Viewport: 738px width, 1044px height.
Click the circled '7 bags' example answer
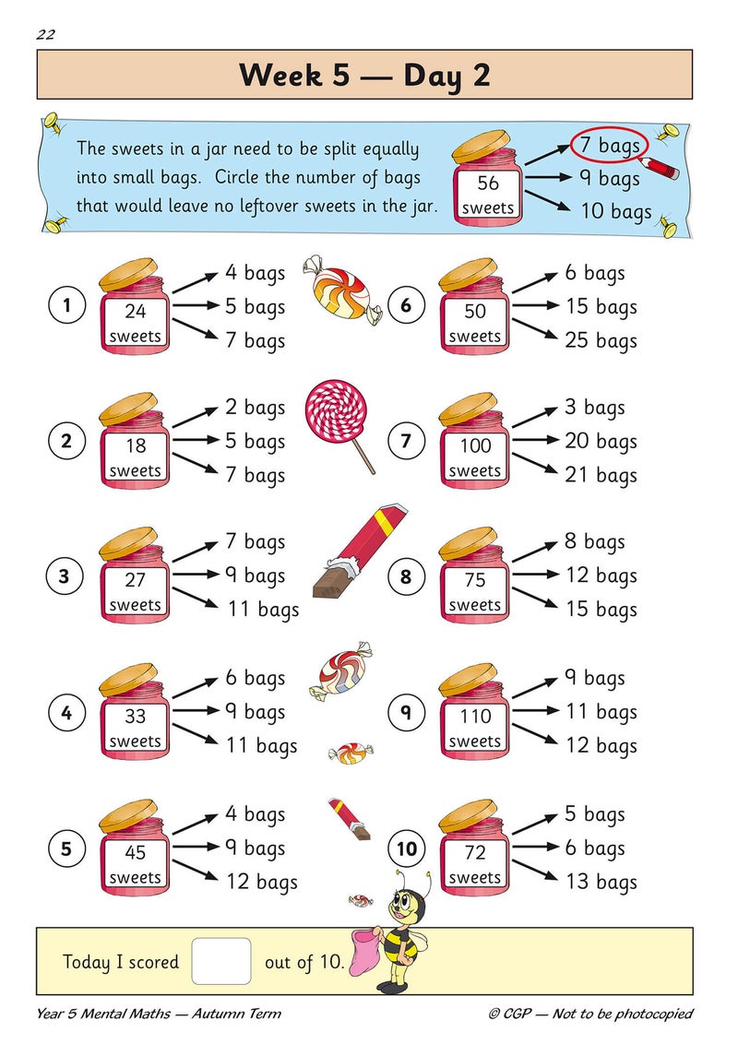click(609, 146)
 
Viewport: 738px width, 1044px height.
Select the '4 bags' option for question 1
click(255, 273)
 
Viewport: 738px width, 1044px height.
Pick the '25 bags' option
click(601, 341)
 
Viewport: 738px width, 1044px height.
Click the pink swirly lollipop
click(335, 413)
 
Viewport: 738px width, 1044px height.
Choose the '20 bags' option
click(601, 442)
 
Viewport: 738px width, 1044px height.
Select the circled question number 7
click(406, 442)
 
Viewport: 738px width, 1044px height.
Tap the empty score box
click(221, 961)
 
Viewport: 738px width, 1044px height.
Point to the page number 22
click(46, 35)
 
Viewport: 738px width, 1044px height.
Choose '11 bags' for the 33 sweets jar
click(262, 745)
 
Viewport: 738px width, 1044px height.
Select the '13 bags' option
click(601, 883)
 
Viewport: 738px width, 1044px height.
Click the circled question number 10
click(406, 848)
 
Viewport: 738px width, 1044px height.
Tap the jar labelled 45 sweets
click(135, 848)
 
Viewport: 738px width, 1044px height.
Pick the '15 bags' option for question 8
click(601, 610)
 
